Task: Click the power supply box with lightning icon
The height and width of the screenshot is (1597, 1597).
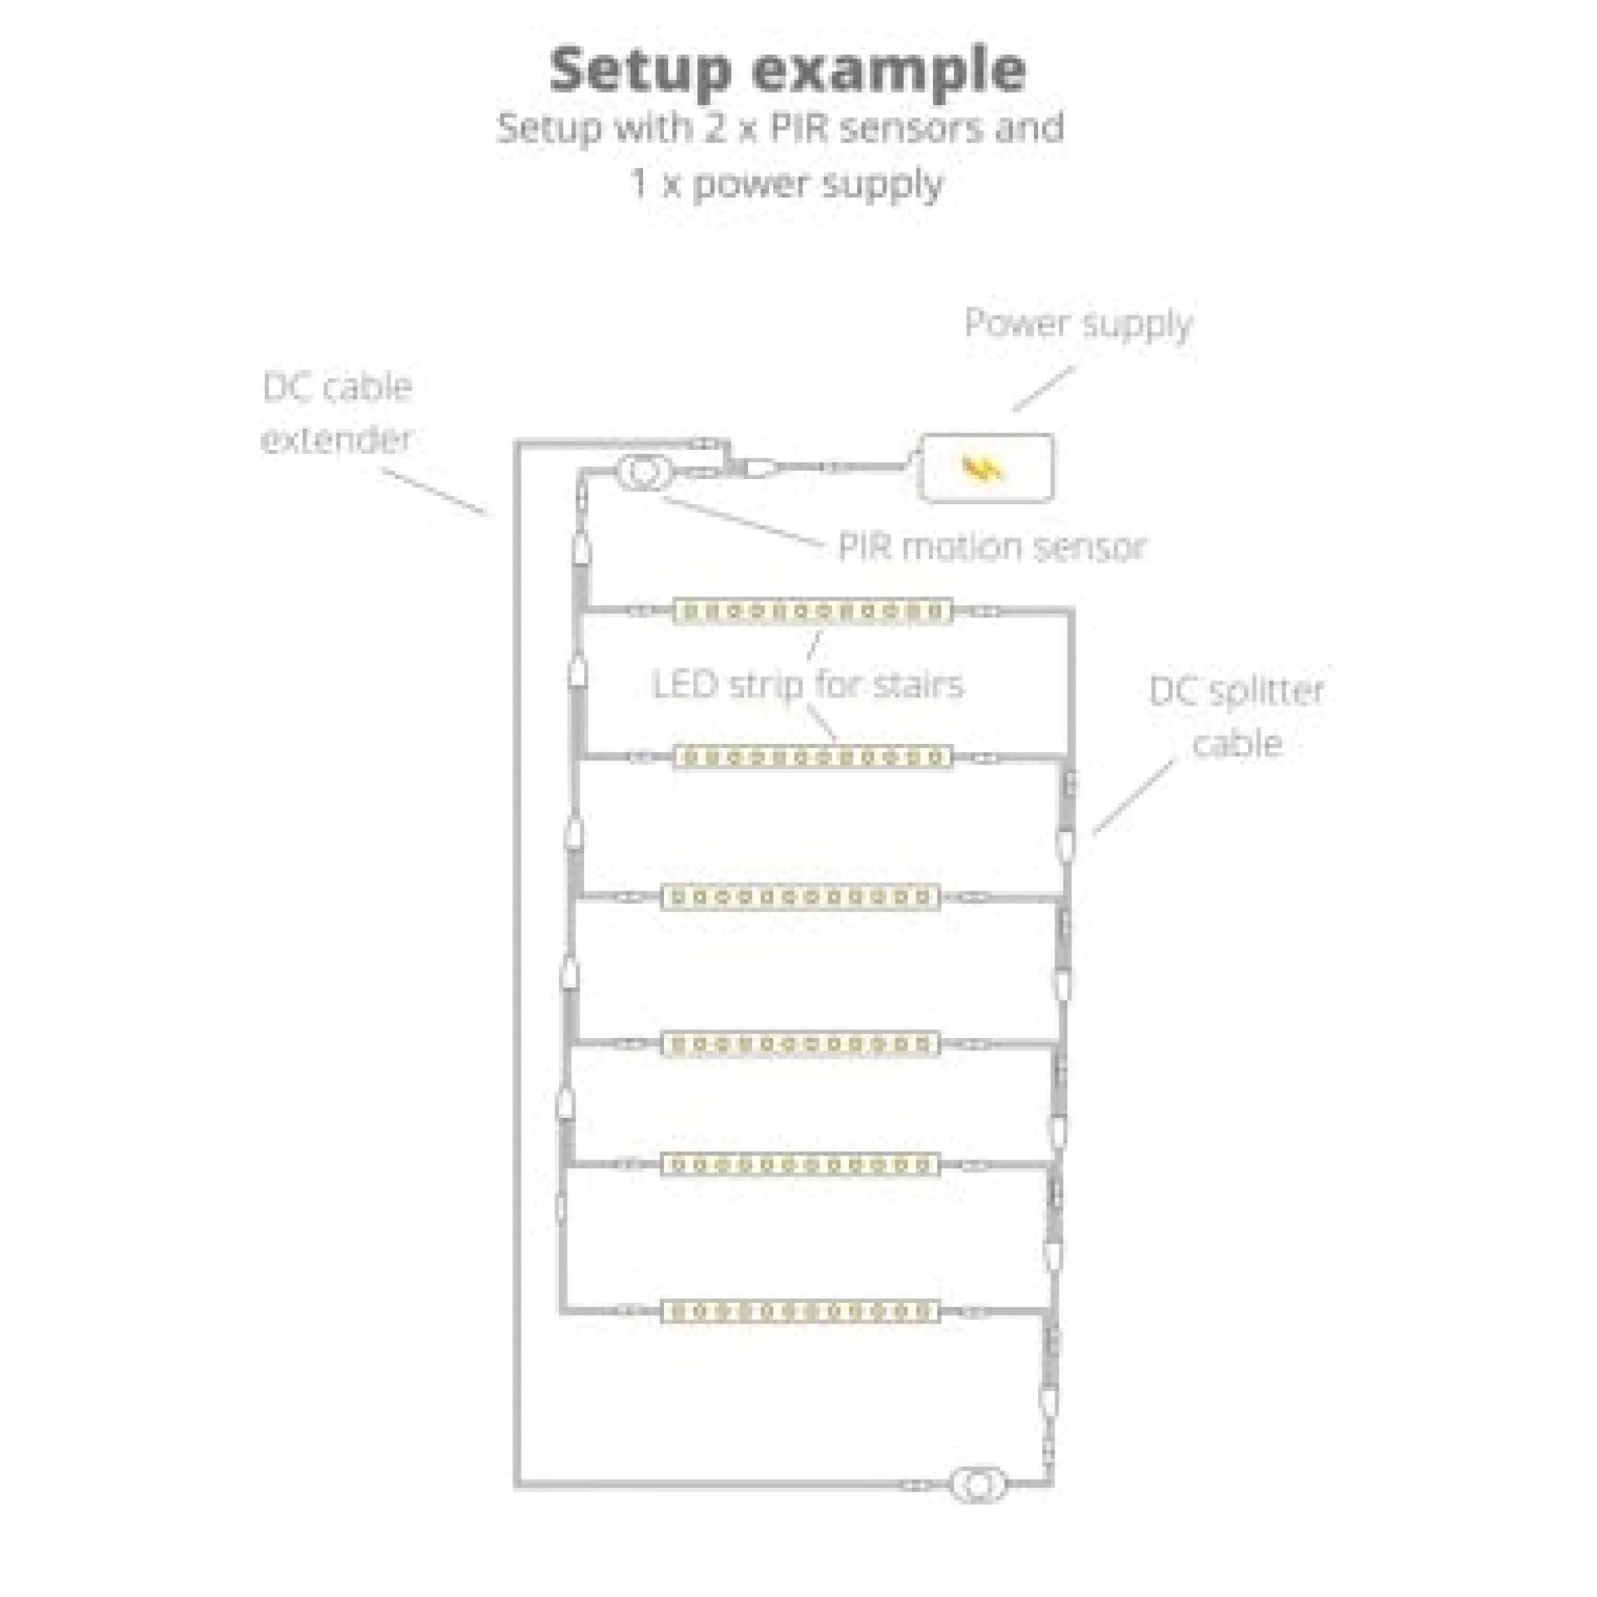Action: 986,468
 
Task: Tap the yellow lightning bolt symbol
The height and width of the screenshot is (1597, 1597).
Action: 983,469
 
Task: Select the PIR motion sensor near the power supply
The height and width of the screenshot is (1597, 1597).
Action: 645,472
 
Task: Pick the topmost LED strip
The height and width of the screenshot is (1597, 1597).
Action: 812,612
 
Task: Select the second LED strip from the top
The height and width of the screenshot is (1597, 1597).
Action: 812,757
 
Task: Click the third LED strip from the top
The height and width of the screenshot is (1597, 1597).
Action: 800,897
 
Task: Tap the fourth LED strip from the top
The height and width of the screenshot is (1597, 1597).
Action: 800,1044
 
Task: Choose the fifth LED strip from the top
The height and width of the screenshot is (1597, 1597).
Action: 800,1164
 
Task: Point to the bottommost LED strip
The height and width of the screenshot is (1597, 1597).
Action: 800,1311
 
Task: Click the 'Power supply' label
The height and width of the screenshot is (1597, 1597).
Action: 1079,324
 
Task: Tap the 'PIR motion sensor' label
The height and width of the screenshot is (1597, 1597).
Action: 992,547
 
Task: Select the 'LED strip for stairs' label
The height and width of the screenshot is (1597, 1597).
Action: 807,685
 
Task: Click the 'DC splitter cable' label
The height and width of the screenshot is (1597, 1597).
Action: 1237,717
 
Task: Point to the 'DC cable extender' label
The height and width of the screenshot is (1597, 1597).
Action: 337,412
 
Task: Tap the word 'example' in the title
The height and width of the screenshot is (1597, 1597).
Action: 890,72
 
